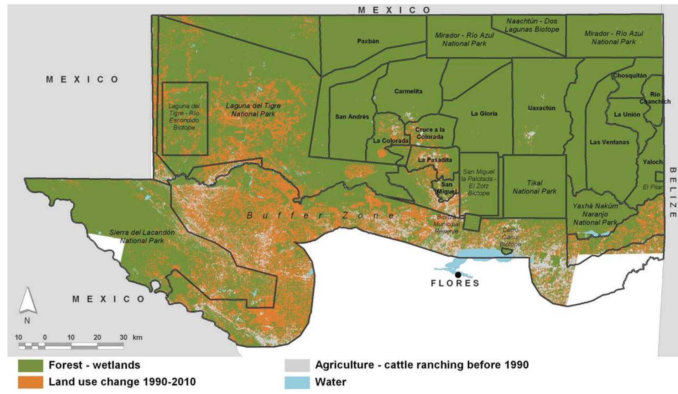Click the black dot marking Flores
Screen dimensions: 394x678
(x=458, y=275)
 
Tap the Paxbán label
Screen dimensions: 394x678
(x=368, y=41)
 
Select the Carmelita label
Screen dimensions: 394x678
(x=408, y=91)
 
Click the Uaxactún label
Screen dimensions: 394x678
(x=541, y=108)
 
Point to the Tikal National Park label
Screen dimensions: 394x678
(x=534, y=187)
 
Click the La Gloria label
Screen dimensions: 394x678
(x=484, y=114)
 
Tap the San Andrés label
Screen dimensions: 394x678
(x=352, y=117)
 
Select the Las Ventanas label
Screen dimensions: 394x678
(x=609, y=142)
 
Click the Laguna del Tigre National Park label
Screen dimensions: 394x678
(x=253, y=110)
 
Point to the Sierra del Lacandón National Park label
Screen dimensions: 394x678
(x=142, y=236)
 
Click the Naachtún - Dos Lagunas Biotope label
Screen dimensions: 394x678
(x=532, y=25)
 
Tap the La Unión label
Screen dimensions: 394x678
(x=627, y=115)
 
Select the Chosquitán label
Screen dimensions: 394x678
(x=630, y=76)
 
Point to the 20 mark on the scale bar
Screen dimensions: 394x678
(x=97, y=337)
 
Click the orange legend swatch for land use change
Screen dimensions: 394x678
(x=31, y=382)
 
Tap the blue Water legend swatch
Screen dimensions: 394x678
(x=297, y=382)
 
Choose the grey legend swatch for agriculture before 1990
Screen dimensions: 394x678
(x=297, y=365)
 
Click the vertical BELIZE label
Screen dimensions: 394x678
(x=672, y=192)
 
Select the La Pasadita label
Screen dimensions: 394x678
(x=435, y=160)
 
